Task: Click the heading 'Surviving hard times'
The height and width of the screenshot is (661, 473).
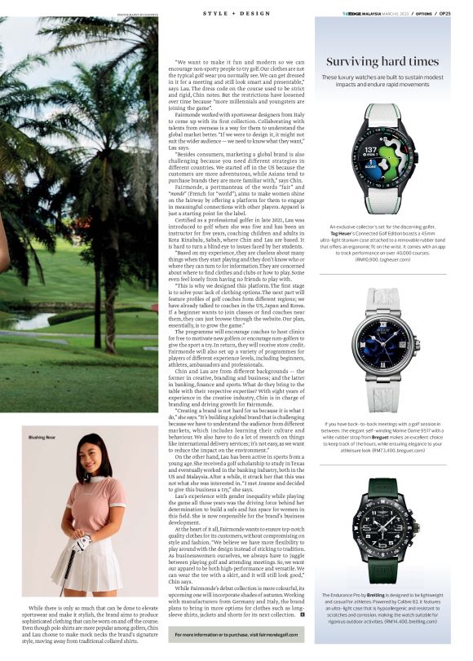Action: tap(382, 61)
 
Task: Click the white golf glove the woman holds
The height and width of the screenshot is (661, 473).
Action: tap(83, 542)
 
